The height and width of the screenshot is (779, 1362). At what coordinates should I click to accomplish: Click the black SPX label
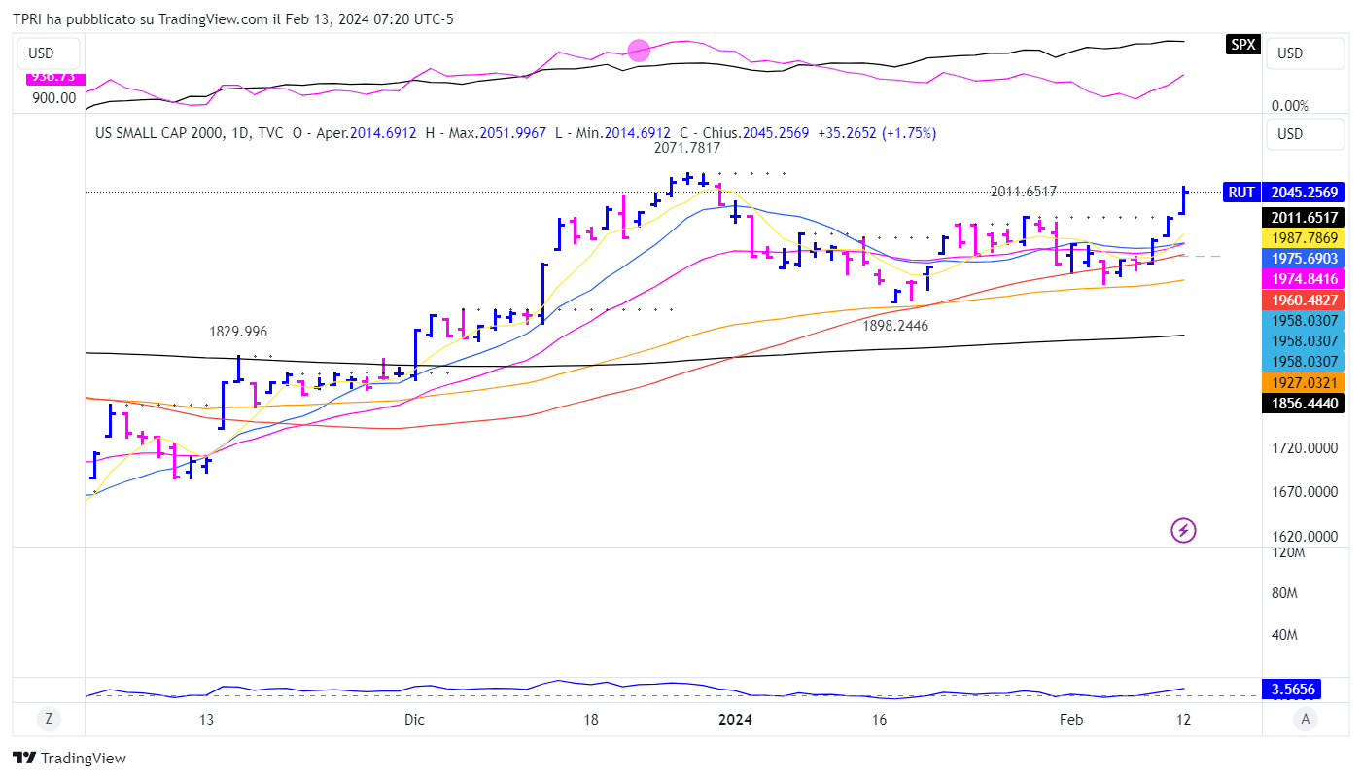coord(1242,44)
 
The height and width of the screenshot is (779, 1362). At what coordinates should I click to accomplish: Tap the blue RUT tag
coord(1240,193)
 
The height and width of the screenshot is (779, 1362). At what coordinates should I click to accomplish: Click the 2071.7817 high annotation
coord(686,149)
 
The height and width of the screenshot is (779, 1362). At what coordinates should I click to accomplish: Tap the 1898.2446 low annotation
coord(895,326)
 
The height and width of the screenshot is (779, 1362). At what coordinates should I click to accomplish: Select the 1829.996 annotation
coord(238,332)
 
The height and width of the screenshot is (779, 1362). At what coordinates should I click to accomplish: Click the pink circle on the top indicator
coord(639,51)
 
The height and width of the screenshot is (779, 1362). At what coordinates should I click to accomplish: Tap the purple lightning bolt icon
coord(1183,530)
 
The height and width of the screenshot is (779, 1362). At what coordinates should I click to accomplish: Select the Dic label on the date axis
coord(414,720)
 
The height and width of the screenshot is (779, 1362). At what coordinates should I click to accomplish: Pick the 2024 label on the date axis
coord(735,720)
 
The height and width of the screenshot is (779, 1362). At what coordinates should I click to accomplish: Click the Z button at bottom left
coord(48,720)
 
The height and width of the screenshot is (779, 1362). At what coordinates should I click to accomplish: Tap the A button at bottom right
coord(1307,720)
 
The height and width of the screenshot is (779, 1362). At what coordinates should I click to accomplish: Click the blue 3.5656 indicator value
coord(1293,690)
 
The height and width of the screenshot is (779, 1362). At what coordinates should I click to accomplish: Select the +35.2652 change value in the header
coord(848,133)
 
